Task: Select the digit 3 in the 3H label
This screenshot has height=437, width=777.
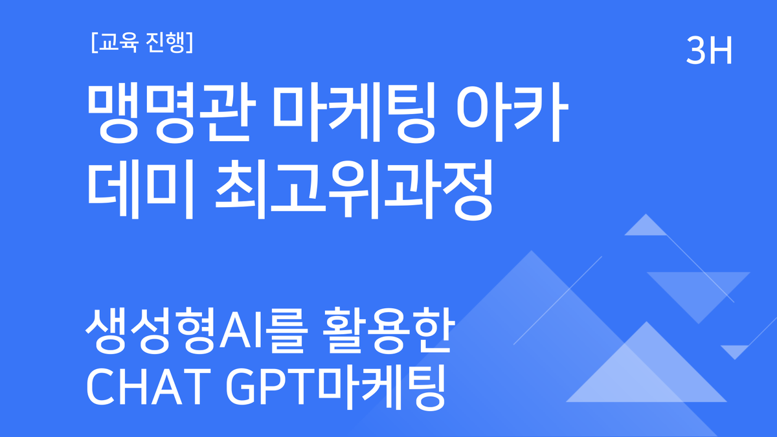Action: click(x=697, y=51)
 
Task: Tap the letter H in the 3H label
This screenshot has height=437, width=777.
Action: click(x=720, y=51)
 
